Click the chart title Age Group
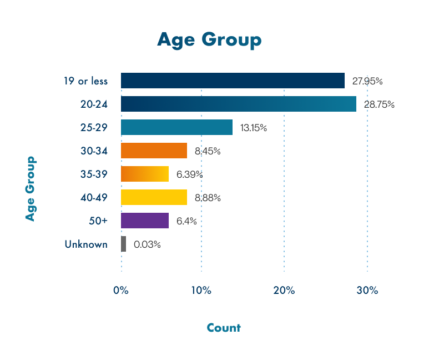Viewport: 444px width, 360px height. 209,41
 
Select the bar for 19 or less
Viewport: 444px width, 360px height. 233,81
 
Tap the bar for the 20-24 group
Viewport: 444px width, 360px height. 239,104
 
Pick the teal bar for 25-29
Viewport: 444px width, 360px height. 176,127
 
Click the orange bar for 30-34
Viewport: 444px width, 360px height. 154,151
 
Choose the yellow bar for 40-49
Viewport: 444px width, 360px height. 154,197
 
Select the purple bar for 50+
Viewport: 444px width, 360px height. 145,221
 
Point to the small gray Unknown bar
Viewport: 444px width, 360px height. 124,244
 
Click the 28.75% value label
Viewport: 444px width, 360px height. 379,104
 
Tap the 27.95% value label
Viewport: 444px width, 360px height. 367,81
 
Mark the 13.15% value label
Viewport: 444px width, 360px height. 254,128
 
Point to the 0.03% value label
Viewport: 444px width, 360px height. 147,244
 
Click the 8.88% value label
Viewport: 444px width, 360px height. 208,198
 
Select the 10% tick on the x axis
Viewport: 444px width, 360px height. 201,291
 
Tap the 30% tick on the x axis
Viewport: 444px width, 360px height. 367,291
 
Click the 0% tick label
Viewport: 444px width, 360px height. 121,291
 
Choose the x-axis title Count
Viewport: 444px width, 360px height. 224,328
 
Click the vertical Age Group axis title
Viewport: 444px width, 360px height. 30,189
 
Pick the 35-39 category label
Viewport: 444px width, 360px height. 94,174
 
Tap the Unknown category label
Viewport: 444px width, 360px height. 86,244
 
